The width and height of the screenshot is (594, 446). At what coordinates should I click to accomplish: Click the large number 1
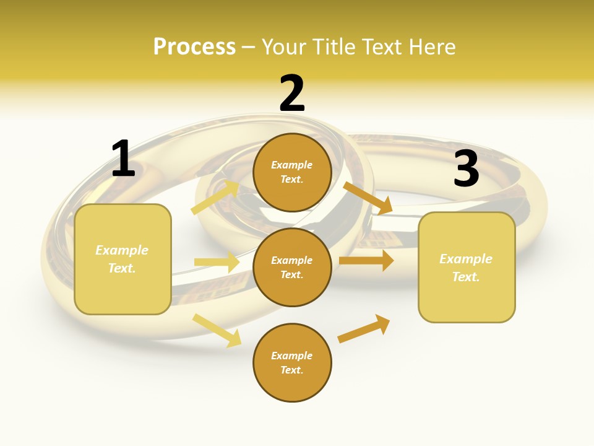click(x=123, y=159)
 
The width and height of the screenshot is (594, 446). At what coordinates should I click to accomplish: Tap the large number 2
click(x=292, y=94)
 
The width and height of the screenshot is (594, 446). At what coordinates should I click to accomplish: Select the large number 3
click(x=466, y=168)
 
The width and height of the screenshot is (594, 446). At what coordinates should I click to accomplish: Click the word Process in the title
click(x=194, y=46)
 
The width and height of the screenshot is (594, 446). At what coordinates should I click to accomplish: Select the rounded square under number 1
click(x=123, y=259)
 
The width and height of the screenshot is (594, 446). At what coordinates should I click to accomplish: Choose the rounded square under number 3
click(x=467, y=268)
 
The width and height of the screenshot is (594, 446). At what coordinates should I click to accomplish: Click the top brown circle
click(x=292, y=172)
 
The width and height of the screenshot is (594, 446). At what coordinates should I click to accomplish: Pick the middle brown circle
click(x=292, y=268)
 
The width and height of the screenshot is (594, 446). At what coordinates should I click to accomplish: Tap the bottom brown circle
click(x=292, y=363)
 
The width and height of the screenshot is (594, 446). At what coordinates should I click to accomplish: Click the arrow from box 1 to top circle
click(x=215, y=197)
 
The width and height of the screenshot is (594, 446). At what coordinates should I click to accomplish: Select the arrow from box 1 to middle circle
click(x=217, y=262)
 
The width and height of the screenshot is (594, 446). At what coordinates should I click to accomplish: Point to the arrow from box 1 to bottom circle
click(x=217, y=330)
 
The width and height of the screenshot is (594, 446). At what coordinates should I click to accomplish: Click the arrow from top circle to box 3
click(x=368, y=198)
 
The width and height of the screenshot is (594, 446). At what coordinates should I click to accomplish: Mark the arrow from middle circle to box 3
click(x=366, y=260)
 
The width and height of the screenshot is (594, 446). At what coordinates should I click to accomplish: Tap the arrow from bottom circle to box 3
click(x=364, y=328)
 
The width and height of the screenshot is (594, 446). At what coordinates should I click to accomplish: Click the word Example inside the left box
click(x=122, y=250)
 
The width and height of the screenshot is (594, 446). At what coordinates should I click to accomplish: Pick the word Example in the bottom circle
click(x=292, y=356)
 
